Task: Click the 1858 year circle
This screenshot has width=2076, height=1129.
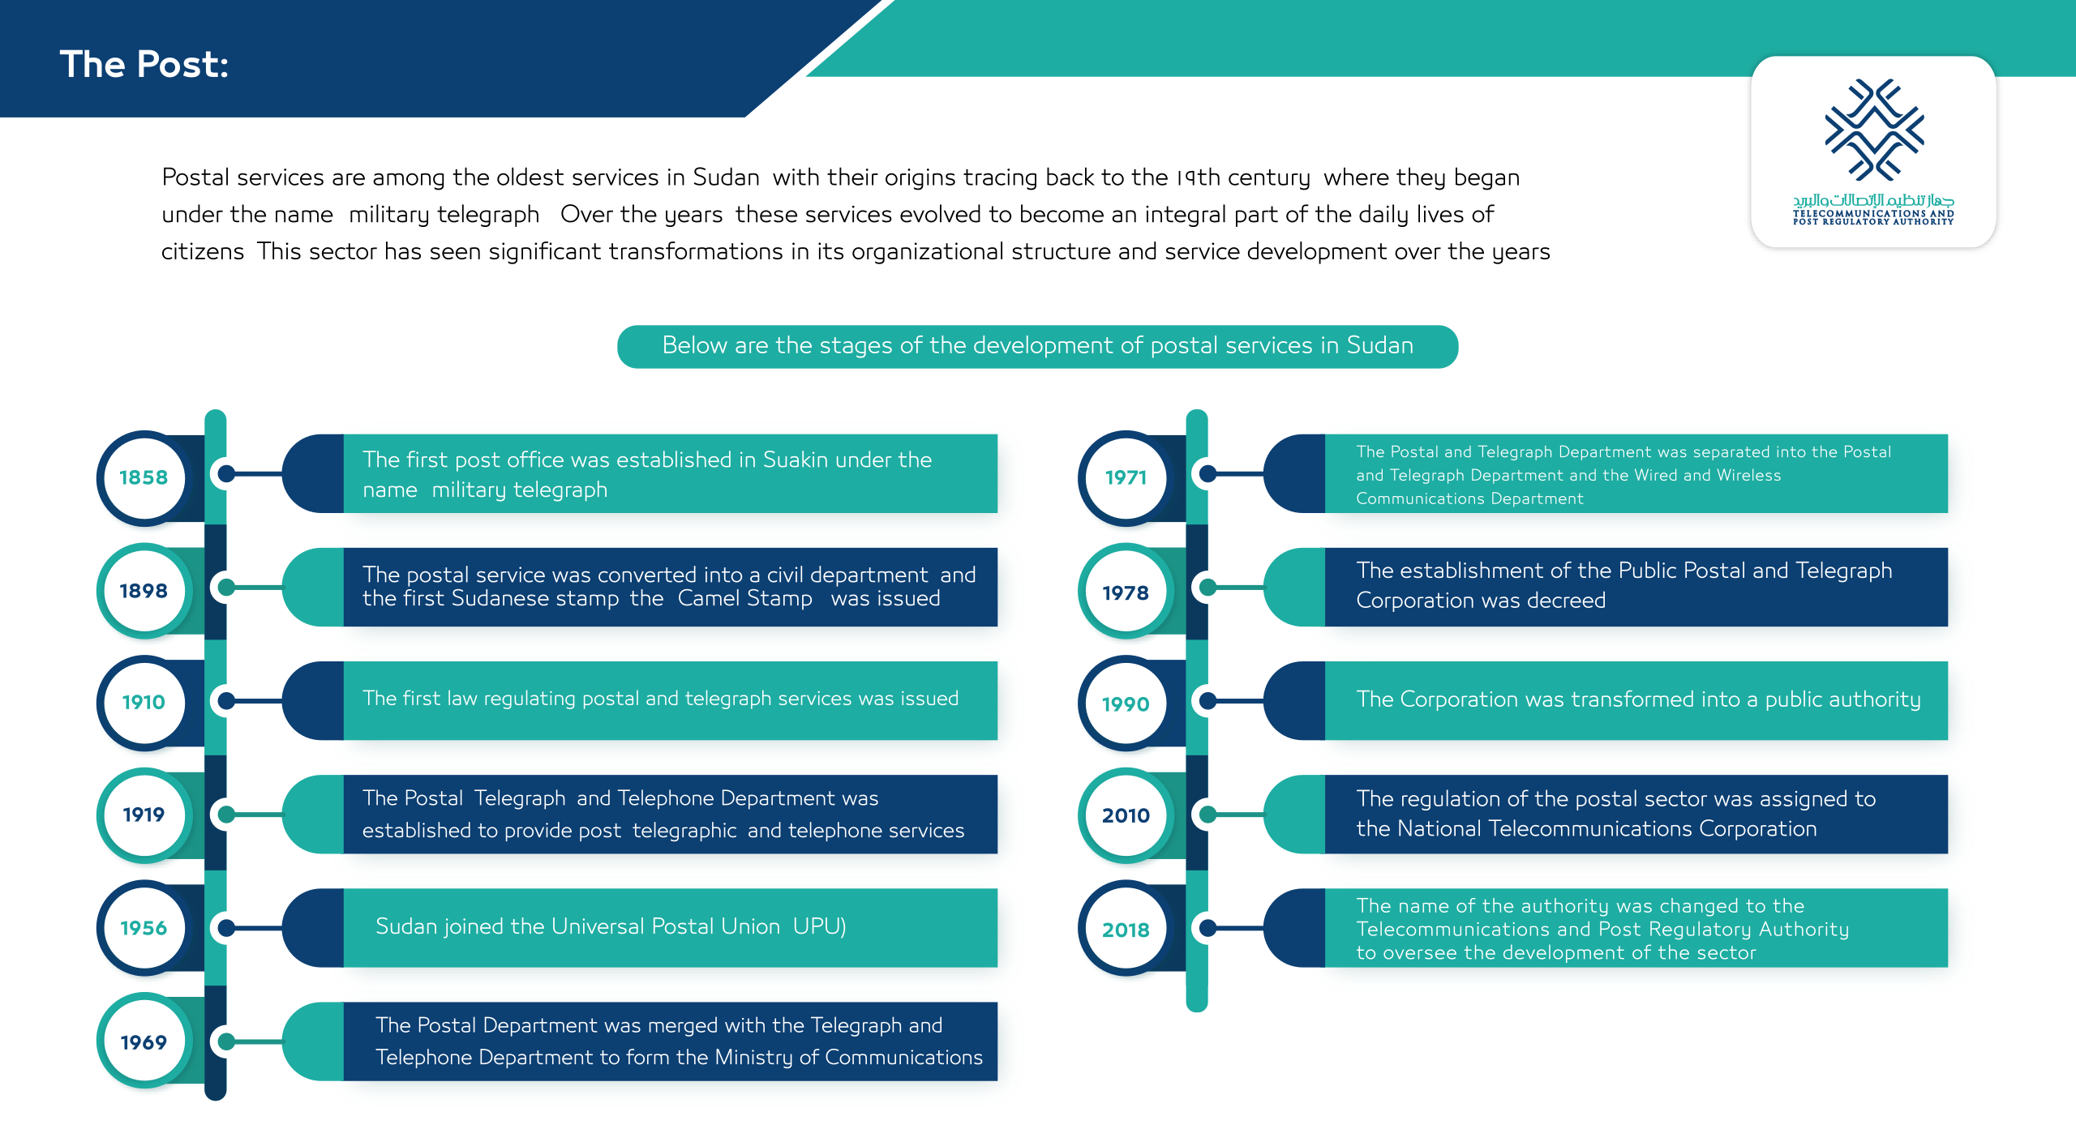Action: pos(144,478)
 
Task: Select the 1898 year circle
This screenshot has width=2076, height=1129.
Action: pos(144,592)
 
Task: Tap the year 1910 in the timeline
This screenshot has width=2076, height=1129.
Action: pos(144,703)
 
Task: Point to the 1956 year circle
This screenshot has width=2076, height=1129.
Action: pos(144,929)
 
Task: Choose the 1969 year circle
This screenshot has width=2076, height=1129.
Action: pos(144,1043)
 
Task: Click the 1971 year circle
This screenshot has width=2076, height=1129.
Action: pos(1126,478)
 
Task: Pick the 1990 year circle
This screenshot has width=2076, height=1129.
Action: pos(1126,704)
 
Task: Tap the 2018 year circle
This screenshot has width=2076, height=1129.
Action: pos(1126,930)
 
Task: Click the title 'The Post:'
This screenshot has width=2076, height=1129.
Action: pos(144,65)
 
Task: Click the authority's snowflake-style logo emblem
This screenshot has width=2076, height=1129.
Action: pos(1874,130)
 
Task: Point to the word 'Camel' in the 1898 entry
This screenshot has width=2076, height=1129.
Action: pos(708,599)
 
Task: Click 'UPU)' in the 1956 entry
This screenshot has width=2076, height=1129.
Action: pos(819,926)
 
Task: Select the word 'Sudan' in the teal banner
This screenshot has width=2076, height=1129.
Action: pos(1379,346)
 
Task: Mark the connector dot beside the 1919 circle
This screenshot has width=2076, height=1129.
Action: pos(227,815)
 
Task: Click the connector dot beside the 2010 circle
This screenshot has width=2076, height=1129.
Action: pos(1207,815)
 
